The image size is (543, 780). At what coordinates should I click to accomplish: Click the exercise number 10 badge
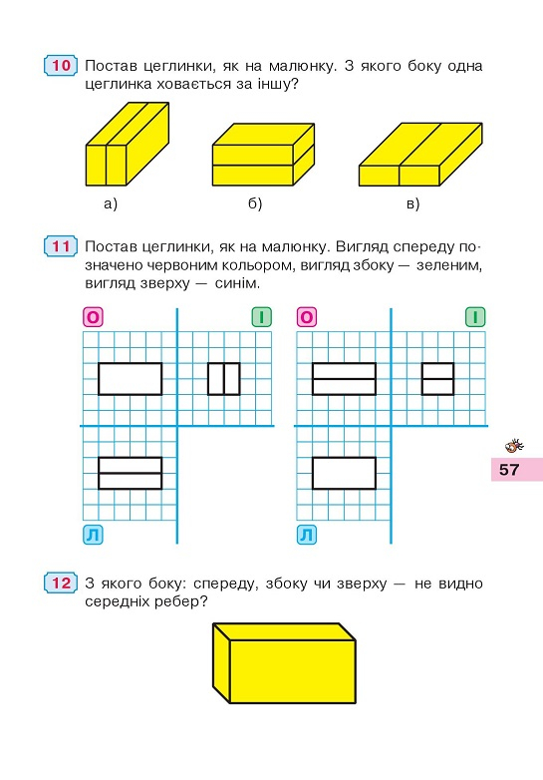(61, 65)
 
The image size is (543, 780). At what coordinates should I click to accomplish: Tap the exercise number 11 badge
(61, 246)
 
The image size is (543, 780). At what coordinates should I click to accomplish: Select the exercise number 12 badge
(61, 583)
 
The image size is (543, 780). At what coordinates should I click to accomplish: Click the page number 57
(509, 470)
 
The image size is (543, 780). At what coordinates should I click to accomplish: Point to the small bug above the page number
(514, 445)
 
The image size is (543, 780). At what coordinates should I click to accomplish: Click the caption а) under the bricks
(111, 203)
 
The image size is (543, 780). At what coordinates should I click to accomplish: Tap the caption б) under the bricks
(255, 203)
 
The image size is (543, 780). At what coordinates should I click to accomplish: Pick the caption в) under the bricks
(412, 203)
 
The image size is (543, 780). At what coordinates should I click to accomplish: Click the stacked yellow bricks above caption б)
(264, 155)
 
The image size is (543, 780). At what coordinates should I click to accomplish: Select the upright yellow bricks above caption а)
(128, 145)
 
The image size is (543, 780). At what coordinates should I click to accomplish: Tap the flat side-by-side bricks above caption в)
(420, 155)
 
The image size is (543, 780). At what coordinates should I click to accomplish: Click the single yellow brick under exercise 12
(284, 663)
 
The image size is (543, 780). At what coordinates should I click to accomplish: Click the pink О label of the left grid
(93, 317)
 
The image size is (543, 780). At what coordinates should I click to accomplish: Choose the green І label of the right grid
(475, 317)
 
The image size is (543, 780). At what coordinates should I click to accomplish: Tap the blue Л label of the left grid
(93, 535)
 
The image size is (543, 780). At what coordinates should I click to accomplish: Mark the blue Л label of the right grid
(307, 535)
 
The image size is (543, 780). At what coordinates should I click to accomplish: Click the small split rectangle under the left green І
(224, 379)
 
